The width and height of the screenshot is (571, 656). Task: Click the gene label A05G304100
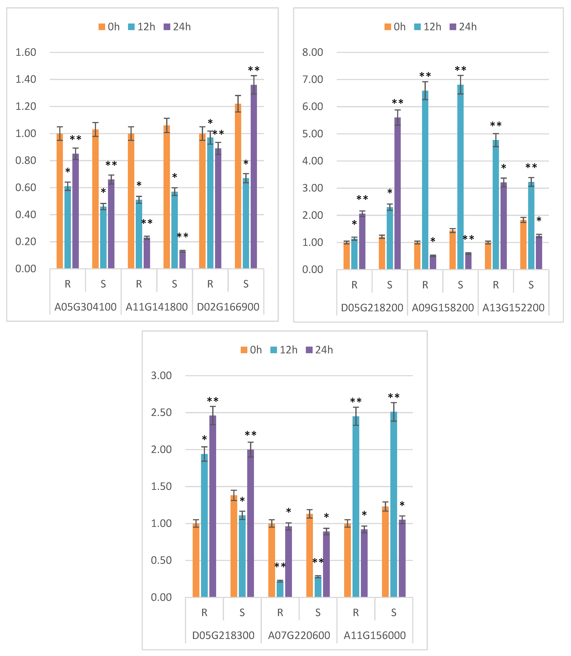[85, 307]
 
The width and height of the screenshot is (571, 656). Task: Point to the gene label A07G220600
[299, 635]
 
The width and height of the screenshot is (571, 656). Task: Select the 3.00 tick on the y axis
[161, 376]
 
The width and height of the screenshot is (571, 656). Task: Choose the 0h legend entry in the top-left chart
[109, 27]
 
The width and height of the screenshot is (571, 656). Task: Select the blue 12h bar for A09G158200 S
[460, 177]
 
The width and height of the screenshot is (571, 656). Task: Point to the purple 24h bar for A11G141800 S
[182, 260]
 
